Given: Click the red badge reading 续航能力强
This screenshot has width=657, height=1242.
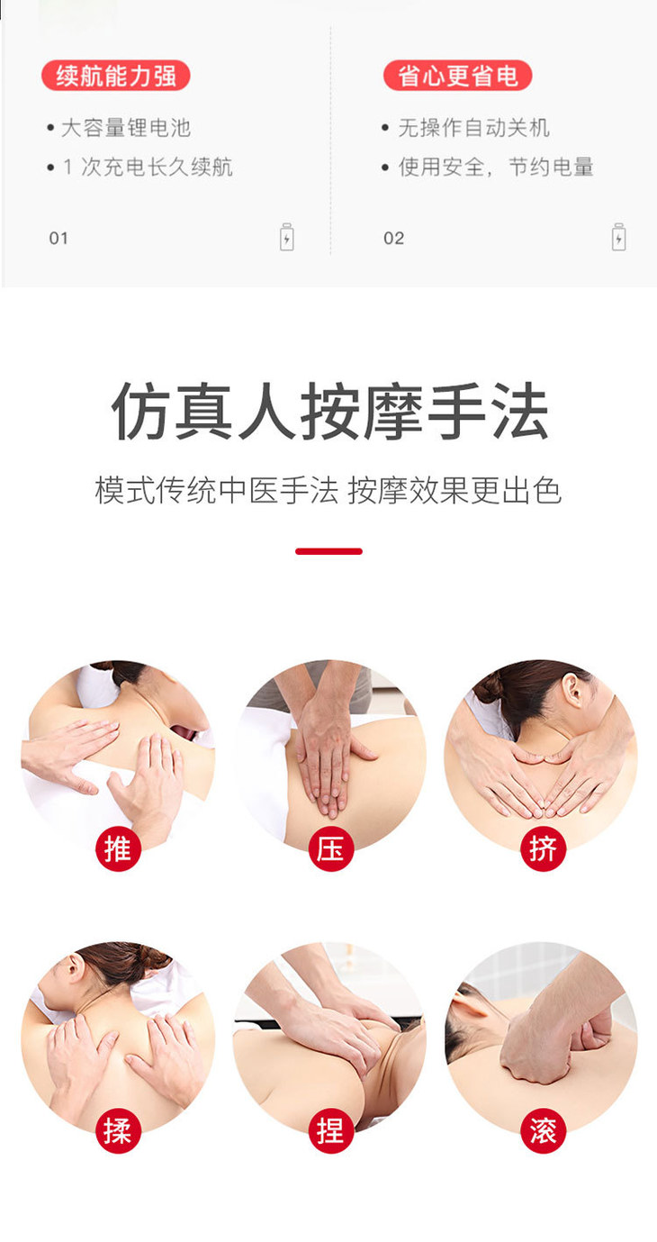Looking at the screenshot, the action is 116,76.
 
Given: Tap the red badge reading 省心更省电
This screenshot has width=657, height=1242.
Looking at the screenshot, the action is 457,76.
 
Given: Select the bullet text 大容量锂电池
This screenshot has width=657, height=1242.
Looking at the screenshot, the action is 126,128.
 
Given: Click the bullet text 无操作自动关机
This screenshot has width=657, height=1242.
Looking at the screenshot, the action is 473,128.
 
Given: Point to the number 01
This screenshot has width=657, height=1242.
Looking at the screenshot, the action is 58,239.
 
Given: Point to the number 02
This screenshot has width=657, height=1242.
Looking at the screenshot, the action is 394,239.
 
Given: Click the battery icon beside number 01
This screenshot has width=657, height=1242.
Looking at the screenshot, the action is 287,237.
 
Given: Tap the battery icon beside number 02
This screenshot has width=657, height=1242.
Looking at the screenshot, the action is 619,237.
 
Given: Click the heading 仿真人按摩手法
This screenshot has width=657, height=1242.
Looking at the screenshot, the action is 329,412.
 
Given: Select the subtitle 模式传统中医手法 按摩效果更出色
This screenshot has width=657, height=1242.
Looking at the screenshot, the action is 328,490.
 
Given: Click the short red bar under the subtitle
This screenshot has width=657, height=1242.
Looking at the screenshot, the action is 329,551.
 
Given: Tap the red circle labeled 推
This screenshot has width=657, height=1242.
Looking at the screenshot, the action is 118,848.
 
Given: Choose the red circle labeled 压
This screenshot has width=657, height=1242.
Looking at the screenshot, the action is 330,848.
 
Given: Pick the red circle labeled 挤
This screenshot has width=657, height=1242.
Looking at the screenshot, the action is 543,848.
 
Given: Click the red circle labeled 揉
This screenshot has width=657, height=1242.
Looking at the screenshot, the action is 118,1130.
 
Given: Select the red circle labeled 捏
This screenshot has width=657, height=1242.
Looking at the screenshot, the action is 330,1130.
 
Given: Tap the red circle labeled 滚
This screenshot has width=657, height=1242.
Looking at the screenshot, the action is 543,1130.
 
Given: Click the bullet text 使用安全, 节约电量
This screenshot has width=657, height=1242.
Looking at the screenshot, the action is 496,167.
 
